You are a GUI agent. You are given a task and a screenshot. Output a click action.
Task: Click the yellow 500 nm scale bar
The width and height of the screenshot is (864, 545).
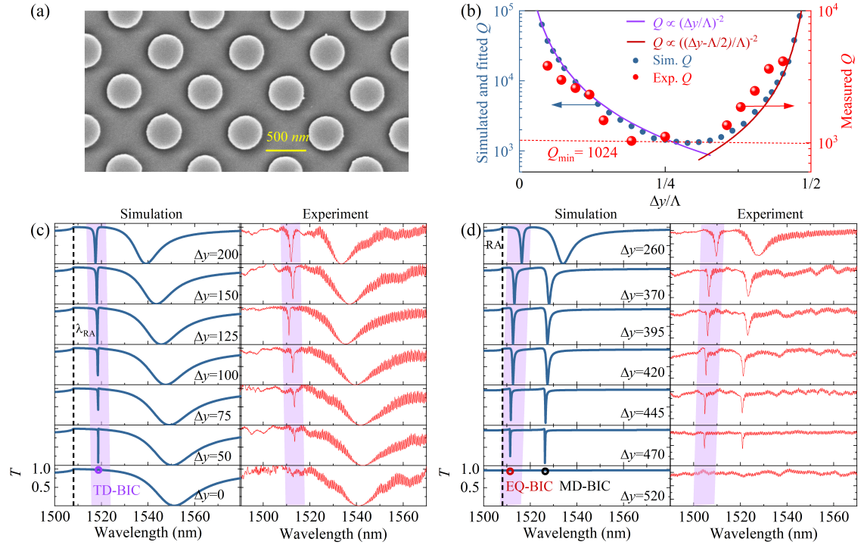(x=286, y=150)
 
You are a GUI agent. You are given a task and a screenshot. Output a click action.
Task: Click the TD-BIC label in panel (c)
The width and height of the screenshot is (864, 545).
(x=116, y=490)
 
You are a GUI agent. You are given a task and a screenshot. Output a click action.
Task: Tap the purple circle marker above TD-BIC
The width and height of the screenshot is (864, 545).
(x=98, y=469)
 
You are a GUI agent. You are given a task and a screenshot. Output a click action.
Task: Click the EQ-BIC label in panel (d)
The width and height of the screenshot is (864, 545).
(x=525, y=487)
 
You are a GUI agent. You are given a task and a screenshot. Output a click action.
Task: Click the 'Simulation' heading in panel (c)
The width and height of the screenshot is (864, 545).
(x=154, y=215)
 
